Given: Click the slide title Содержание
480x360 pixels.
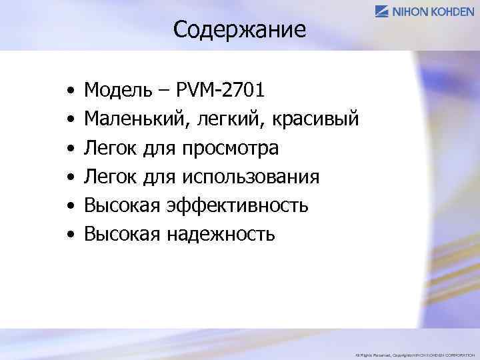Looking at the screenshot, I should click(239, 29).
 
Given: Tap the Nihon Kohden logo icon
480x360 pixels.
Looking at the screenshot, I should click(383, 11).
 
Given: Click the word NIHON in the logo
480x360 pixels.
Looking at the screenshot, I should click(409, 11).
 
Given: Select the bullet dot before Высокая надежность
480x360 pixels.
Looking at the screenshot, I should click(70, 235).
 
